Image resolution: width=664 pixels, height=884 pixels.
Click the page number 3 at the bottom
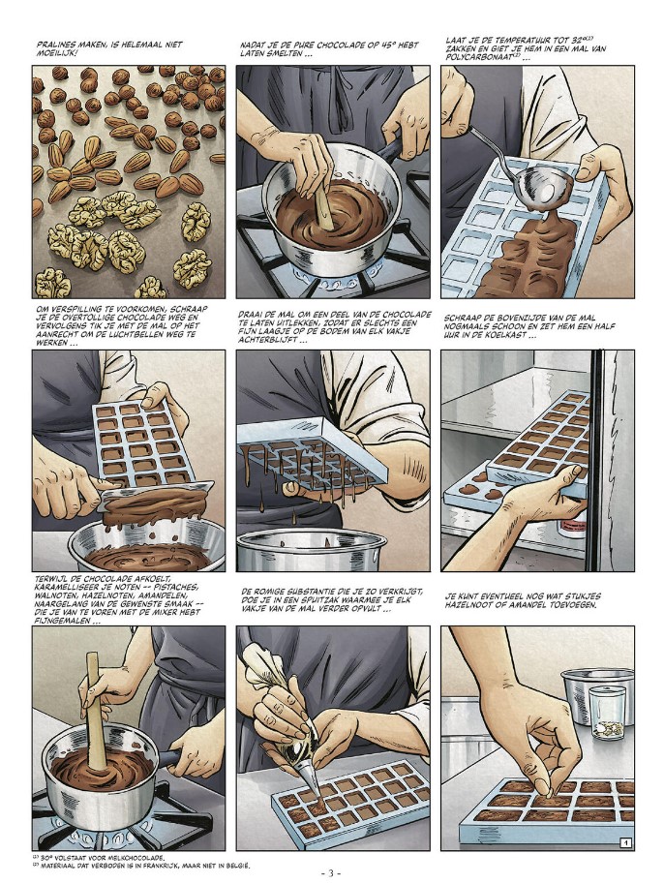click(331, 874)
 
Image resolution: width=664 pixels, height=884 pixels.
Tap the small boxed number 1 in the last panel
click(625, 842)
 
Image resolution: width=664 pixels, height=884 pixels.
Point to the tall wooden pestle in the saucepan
click(97, 712)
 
